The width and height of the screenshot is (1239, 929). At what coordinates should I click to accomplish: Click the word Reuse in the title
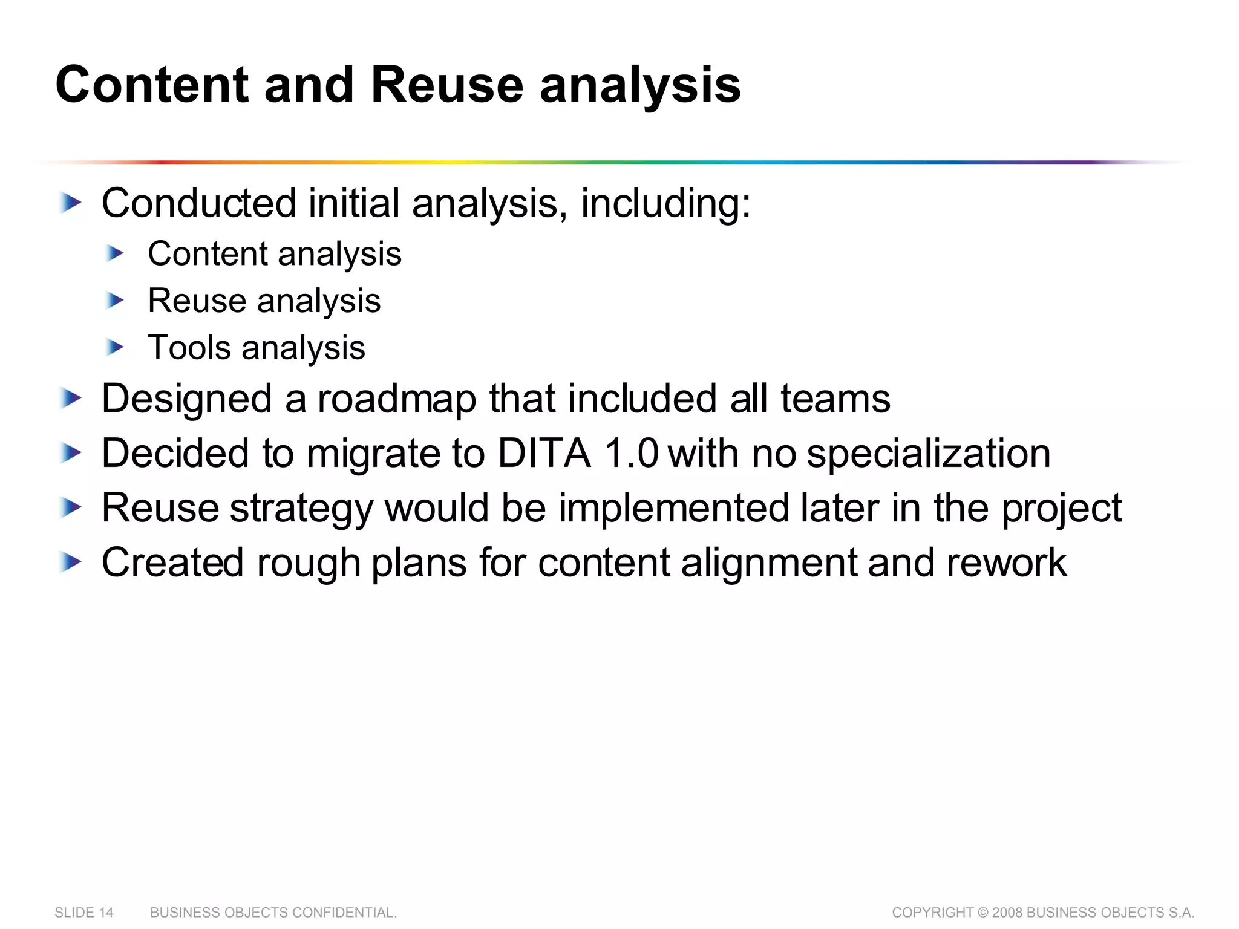point(446,85)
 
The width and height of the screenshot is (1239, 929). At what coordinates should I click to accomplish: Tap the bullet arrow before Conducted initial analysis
point(71,203)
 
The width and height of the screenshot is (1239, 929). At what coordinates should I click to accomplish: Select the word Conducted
point(199,203)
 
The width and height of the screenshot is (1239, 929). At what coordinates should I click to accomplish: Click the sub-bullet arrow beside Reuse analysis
point(114,300)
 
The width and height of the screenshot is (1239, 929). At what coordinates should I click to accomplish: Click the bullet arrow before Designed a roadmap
point(71,399)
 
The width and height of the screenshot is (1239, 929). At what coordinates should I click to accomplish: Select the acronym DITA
point(544,454)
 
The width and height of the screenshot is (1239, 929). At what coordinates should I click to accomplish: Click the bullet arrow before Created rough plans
point(71,563)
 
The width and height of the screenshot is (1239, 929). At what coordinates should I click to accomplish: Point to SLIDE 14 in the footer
point(84,913)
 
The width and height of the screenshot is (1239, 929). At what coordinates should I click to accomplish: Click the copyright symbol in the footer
point(983,913)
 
